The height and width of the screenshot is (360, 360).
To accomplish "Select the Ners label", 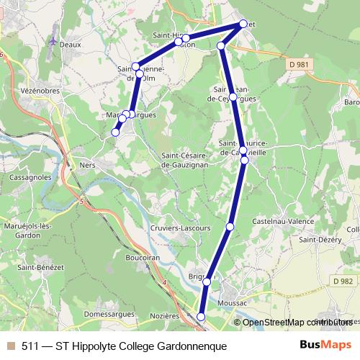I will [x=88, y=164].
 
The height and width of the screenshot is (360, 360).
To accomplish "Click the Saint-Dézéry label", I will [x=320, y=240].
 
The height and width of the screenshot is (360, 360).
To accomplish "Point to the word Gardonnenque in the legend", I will [x=190, y=346].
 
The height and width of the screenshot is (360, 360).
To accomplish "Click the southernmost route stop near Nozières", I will [x=201, y=316].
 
